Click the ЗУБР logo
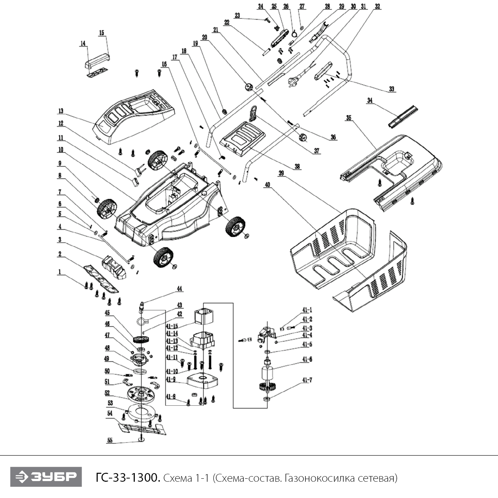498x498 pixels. pos(46,477)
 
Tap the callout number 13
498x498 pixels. pos(60,111)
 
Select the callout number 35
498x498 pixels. pos(349,118)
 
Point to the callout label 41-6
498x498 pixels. pos(307,359)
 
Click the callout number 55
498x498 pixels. pos(110,441)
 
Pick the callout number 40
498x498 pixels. pos(268,185)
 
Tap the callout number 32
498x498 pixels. pos(377,6)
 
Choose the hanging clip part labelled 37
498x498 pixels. pos(253,114)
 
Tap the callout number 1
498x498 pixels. pos(60,272)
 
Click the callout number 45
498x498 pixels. pos(107,313)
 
